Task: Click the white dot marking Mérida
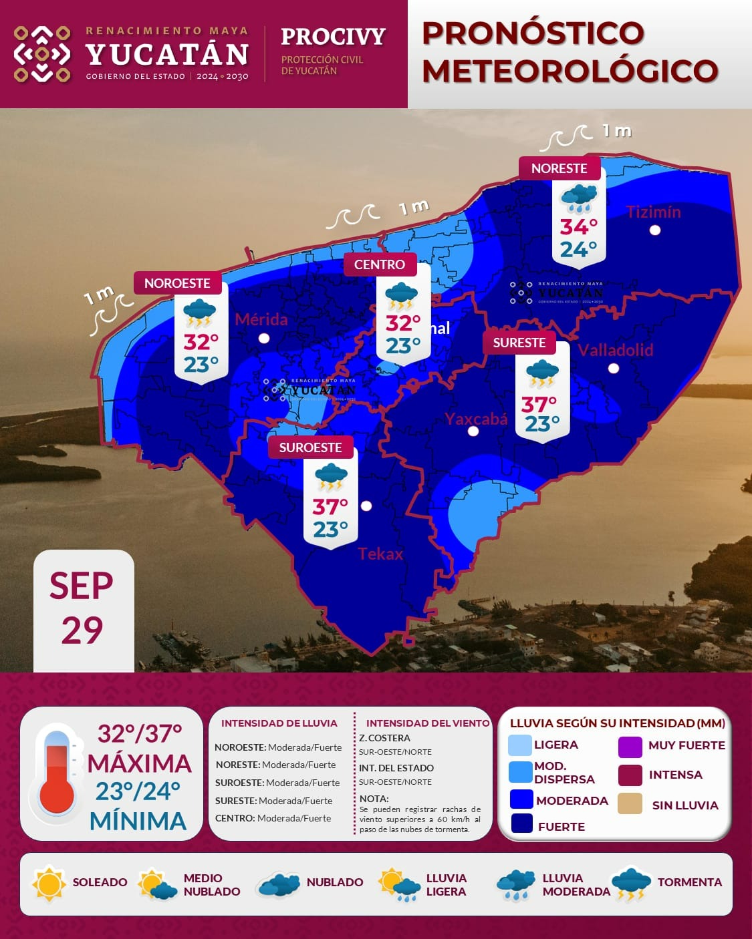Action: click(x=264, y=338)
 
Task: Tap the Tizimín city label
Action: click(x=653, y=212)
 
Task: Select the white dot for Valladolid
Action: click(x=614, y=368)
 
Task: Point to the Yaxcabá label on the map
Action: click(x=476, y=419)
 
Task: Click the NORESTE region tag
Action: click(x=559, y=168)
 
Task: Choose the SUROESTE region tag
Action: click(x=310, y=447)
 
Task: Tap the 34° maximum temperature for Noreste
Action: click(x=579, y=227)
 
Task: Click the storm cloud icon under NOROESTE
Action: click(x=199, y=313)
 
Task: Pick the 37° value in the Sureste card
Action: click(x=539, y=404)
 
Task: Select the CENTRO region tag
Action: click(x=380, y=264)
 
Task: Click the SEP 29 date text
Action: click(x=82, y=608)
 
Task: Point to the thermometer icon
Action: click(x=56, y=773)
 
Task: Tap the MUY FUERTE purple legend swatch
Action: click(x=630, y=746)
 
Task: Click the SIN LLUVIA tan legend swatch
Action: click(x=630, y=804)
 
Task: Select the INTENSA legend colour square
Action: click(x=630, y=775)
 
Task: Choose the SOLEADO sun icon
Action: click(x=49, y=883)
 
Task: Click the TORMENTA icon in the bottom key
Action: click(x=630, y=883)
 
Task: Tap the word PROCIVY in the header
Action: click(x=333, y=36)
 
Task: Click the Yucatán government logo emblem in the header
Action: click(x=42, y=53)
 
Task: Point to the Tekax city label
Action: click(x=380, y=554)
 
